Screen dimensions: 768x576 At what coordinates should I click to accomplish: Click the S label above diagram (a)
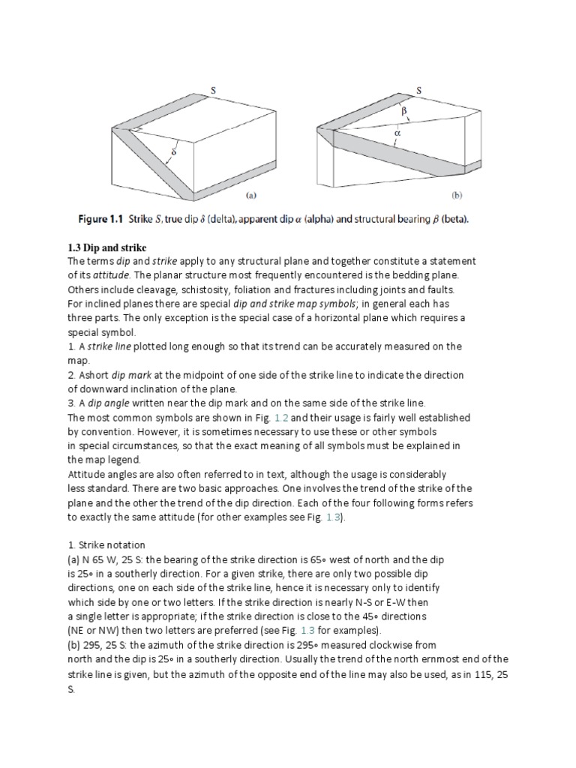pyautogui.click(x=213, y=90)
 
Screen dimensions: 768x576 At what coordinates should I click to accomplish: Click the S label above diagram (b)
pyautogui.click(x=418, y=90)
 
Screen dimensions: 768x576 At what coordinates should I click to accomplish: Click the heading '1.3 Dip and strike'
pyautogui.click(x=107, y=247)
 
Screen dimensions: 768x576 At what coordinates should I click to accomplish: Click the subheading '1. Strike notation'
pyautogui.click(x=106, y=545)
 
